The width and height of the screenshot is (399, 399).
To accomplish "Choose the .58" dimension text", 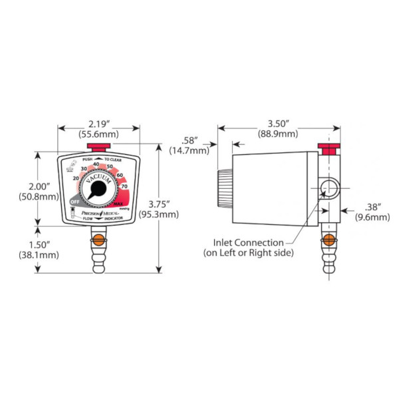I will [x=191, y=140].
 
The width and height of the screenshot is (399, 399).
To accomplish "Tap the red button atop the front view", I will [x=98, y=147].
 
